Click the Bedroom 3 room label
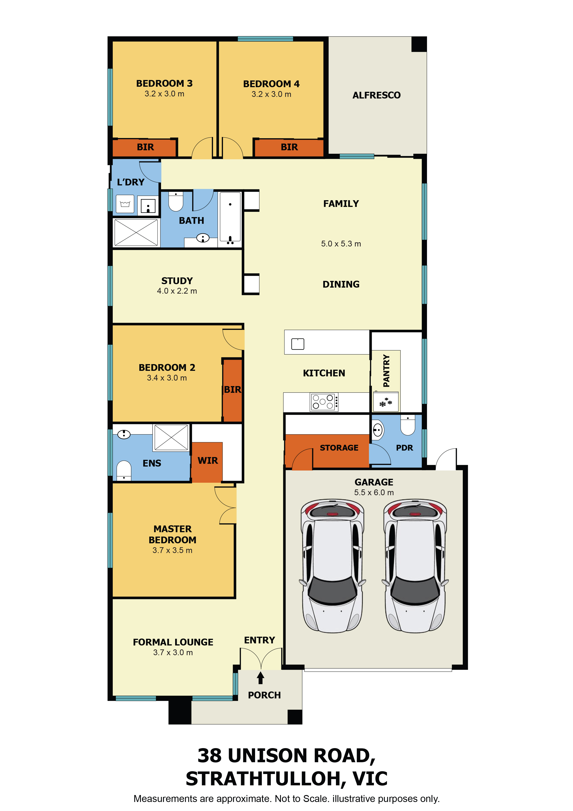164,83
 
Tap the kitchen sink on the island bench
298,344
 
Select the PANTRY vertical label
386,371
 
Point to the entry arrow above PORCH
261,677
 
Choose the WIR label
207,461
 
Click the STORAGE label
339,448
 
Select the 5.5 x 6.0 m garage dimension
374,492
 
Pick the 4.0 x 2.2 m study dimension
177,291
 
